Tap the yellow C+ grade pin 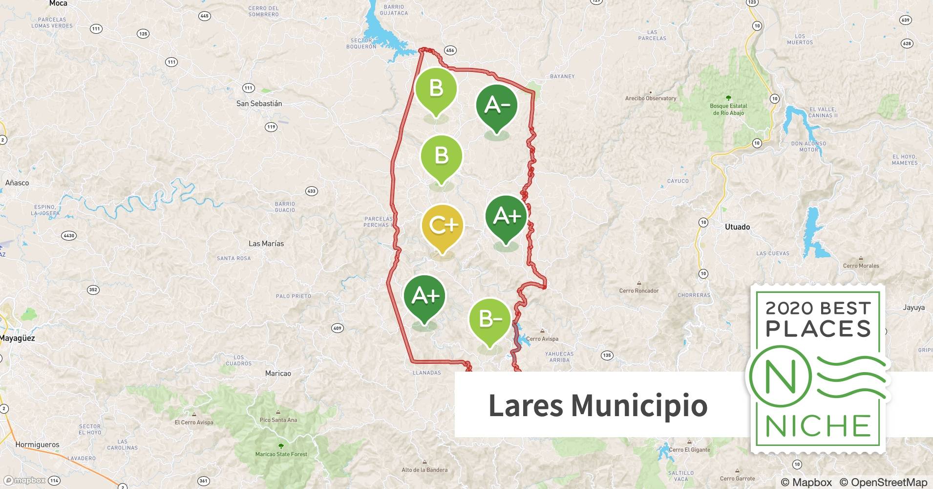click(443, 226)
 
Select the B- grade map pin click(490, 320)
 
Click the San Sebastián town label click(259, 104)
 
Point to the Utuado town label click(737, 227)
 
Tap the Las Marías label click(266, 244)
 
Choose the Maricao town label click(278, 373)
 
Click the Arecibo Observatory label click(651, 98)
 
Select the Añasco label click(17, 183)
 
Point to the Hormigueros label click(37, 445)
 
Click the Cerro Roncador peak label click(639, 290)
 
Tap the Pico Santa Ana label click(278, 420)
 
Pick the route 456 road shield click(450, 50)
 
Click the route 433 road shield click(311, 191)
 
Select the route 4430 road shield click(69, 236)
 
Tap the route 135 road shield click(607, 356)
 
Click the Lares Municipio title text click(598, 405)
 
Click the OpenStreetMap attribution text click(883, 482)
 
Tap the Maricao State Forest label click(281, 454)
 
